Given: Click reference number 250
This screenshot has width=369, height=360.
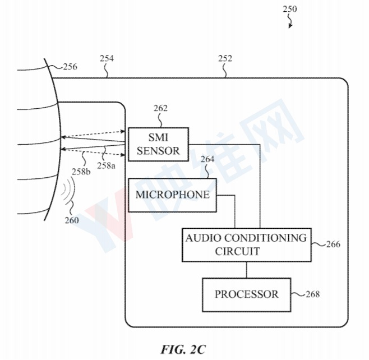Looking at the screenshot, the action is pos(290,9).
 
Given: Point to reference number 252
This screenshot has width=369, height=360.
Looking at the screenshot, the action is pos(225,58).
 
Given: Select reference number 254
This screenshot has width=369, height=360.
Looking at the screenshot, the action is pos(107,58).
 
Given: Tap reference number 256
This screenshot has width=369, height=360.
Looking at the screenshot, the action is pos(70,67).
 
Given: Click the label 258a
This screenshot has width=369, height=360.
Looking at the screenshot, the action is pos(106,165).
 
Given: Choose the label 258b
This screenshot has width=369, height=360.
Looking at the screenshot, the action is pos(81,172).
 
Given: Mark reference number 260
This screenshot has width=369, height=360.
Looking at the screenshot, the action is pos(72,220).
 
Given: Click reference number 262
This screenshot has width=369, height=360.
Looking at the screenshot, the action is pos(160,108).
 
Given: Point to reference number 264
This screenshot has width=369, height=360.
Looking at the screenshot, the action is pos(207,159).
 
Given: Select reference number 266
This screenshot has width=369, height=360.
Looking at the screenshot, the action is pos(333,244).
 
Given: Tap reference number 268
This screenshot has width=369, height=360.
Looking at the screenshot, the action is pos(312,294).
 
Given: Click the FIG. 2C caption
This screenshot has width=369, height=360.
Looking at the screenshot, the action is pos(183,349).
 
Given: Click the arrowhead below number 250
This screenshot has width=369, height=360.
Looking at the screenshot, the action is pos(290,26).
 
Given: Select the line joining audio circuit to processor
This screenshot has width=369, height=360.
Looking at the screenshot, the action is pos(247,270).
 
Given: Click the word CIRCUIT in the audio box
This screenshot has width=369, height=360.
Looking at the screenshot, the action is pos(237,251).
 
